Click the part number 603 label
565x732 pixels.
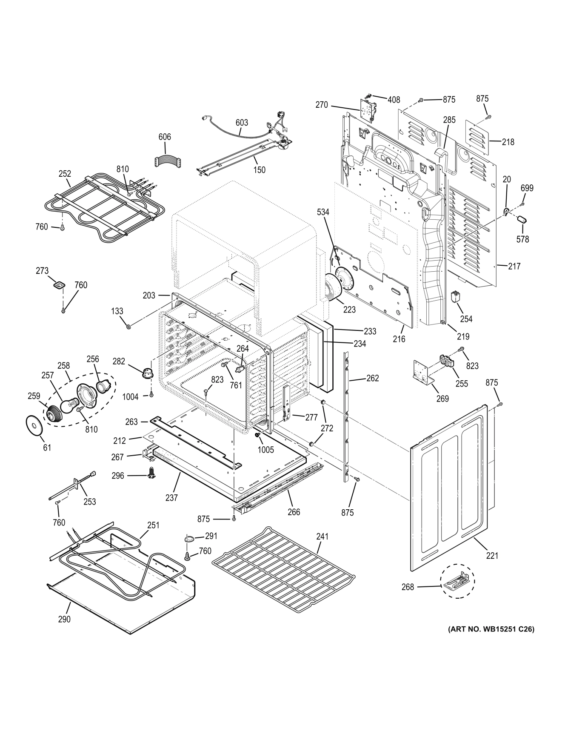pyautogui.click(x=242, y=123)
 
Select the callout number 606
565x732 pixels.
pyautogui.click(x=165, y=137)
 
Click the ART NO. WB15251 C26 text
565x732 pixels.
pyautogui.click(x=490, y=629)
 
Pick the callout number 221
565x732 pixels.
pyautogui.click(x=492, y=555)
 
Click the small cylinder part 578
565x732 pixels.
pyautogui.click(x=522, y=219)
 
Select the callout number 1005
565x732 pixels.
pyautogui.click(x=266, y=450)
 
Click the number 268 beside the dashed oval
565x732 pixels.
pyautogui.click(x=408, y=587)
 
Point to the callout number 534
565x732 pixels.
pyautogui.click(x=322, y=212)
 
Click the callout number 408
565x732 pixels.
pyautogui.click(x=394, y=100)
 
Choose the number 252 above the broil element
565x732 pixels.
pyautogui.click(x=65, y=174)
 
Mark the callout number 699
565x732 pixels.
pyautogui.click(x=527, y=188)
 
